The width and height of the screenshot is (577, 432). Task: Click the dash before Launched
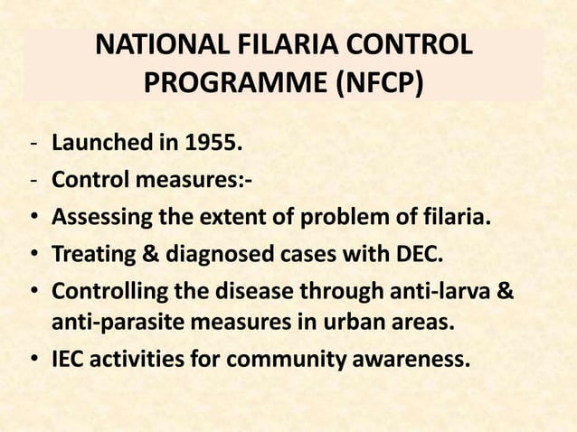tap(33, 144)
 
